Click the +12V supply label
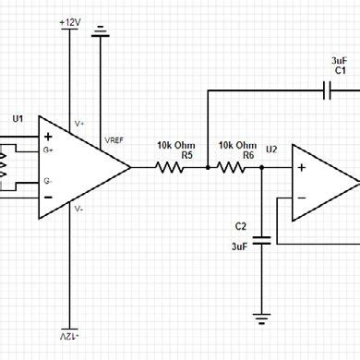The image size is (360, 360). pyautogui.click(x=69, y=20)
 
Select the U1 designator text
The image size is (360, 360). pyautogui.click(x=18, y=119)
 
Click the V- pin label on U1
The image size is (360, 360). pyautogui.click(x=79, y=209)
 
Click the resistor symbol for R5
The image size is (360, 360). pyautogui.click(x=171, y=167)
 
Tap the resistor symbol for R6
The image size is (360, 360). pyautogui.click(x=236, y=167)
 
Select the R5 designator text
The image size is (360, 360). pyautogui.click(x=186, y=155)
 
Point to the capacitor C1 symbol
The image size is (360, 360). pyautogui.click(x=326, y=90)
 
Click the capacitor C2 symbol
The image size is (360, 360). pyautogui.click(x=262, y=239)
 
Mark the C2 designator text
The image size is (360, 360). pyautogui.click(x=241, y=225)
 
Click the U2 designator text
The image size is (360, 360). pyautogui.click(x=270, y=149)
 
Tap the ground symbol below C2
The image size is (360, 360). pyautogui.click(x=262, y=318)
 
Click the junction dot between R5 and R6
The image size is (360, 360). pyautogui.click(x=209, y=167)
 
